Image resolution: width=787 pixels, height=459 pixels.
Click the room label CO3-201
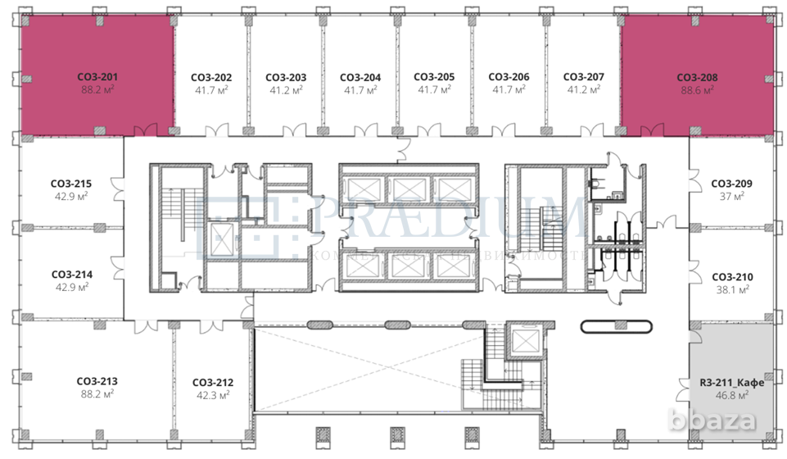(x=97, y=76)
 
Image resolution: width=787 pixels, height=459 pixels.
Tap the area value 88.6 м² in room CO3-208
(x=697, y=91)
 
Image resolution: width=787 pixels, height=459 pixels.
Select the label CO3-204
(x=360, y=77)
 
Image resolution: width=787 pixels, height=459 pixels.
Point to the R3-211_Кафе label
(x=731, y=382)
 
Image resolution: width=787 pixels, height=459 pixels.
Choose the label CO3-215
(x=70, y=184)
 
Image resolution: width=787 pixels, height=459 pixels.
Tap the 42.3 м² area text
(x=213, y=396)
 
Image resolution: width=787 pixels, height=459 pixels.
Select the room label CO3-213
(x=97, y=381)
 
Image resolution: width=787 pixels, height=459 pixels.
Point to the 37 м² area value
(x=731, y=198)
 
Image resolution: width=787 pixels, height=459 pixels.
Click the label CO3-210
(x=731, y=277)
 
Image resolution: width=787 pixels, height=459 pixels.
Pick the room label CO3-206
(x=509, y=77)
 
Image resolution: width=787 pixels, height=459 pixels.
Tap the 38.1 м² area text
(x=731, y=290)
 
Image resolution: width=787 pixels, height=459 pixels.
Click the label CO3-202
(x=211, y=77)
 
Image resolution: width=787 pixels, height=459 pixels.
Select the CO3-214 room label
(x=71, y=275)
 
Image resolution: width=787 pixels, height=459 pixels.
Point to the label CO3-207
(x=584, y=77)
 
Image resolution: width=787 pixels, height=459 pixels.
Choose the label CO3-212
(x=213, y=382)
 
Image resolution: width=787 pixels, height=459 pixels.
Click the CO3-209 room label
(x=731, y=184)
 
